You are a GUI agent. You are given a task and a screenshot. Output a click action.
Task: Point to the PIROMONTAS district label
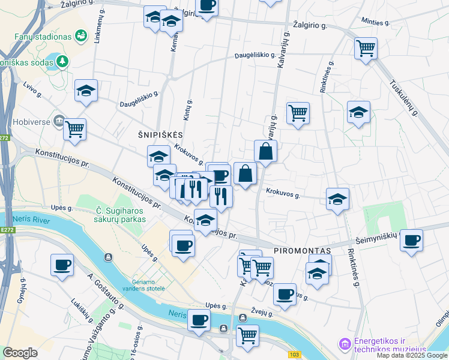[303, 250]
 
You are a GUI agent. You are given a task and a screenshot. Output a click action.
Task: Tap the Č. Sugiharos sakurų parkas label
[121, 215]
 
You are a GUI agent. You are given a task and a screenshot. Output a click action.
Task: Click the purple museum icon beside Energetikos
[345, 344]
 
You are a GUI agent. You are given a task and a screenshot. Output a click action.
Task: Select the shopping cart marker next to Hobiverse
[74, 128]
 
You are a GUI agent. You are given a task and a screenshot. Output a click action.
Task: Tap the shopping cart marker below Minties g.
[365, 47]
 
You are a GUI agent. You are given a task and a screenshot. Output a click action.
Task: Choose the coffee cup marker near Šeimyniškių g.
[411, 241]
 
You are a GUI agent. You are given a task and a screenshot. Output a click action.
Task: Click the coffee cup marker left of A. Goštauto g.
[62, 265]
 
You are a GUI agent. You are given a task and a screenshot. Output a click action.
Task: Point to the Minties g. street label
[376, 22]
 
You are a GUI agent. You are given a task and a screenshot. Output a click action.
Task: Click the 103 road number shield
[294, 355]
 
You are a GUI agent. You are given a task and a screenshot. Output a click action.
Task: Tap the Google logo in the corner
[20, 353]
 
